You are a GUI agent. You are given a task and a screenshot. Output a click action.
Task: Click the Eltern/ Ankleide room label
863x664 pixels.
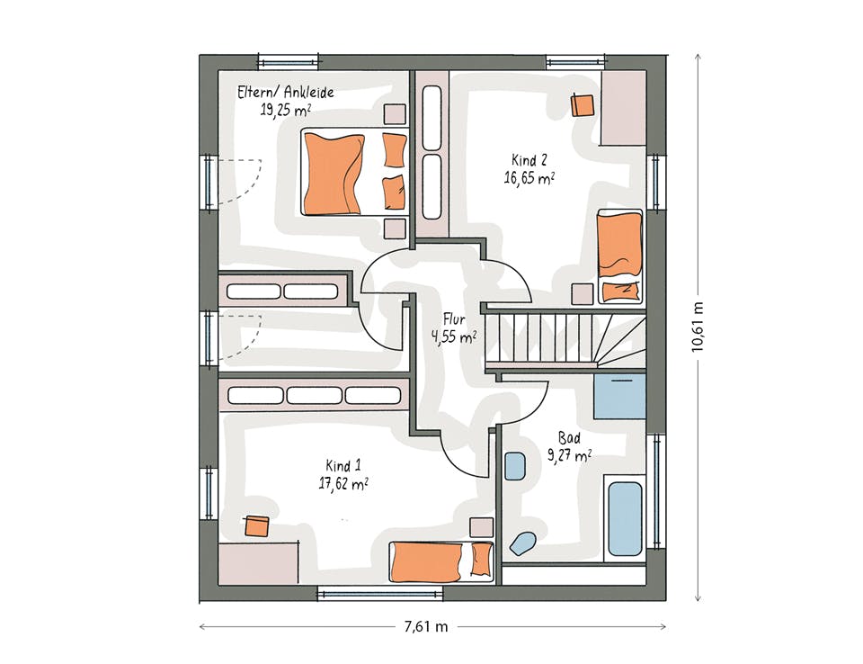point(285,92)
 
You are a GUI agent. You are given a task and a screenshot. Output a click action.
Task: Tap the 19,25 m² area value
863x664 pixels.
point(285,110)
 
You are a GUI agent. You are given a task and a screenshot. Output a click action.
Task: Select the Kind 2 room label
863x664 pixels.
point(529,160)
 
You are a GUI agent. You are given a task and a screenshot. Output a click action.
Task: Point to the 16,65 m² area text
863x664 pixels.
point(529,178)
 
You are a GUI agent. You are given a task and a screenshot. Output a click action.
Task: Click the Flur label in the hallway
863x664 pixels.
point(454,319)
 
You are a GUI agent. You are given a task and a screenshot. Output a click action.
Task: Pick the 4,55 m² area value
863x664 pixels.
point(454,336)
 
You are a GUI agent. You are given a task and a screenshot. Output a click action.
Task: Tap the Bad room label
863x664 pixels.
point(569,438)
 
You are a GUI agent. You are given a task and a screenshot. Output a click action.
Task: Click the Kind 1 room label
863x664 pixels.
point(343,466)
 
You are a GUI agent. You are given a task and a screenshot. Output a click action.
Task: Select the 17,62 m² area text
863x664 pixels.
point(343,484)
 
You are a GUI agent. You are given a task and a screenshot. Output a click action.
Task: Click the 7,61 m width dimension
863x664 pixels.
point(426,626)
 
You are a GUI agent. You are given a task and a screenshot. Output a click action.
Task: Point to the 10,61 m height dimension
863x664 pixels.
point(698,327)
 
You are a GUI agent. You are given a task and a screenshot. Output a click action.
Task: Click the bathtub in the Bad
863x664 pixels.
point(625,519)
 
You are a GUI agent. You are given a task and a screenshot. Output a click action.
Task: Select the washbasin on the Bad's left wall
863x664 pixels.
point(514,466)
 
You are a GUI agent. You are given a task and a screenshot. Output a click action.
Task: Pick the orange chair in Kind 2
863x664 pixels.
point(583,105)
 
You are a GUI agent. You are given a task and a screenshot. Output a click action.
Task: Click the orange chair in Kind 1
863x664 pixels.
point(256,526)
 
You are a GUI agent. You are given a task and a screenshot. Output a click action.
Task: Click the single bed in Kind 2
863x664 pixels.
point(620,256)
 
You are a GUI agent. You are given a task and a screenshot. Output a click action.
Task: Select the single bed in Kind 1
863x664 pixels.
point(441,561)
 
